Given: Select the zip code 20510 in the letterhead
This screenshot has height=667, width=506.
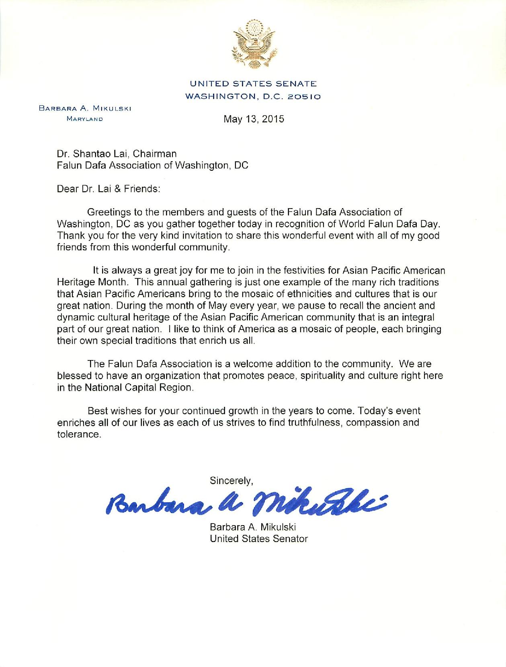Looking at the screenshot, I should coord(304,96).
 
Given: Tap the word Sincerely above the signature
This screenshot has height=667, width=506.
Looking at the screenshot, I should coord(231,480).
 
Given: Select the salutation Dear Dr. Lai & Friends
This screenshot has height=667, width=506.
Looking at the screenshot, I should coord(109,189).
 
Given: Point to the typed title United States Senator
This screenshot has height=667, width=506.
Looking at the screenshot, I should coord(259,539).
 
